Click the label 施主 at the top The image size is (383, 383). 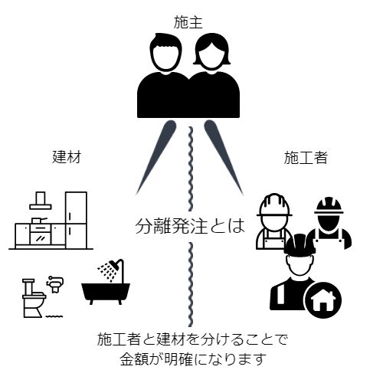[188, 22]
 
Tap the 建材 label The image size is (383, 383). [67, 157]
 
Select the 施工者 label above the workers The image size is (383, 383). [306, 157]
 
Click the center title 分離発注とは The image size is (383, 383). [190, 226]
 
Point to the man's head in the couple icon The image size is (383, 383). [165, 53]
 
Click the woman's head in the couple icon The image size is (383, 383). [211, 53]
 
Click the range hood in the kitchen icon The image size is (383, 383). [41, 201]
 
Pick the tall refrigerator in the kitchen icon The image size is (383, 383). [76, 220]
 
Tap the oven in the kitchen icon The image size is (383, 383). [40, 234]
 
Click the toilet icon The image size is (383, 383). [34, 298]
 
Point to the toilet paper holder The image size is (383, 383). [55, 283]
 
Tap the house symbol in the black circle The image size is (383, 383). [322, 300]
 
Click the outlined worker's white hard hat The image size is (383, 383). [274, 205]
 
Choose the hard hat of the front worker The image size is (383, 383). [300, 244]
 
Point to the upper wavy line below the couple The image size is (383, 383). [191, 169]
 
